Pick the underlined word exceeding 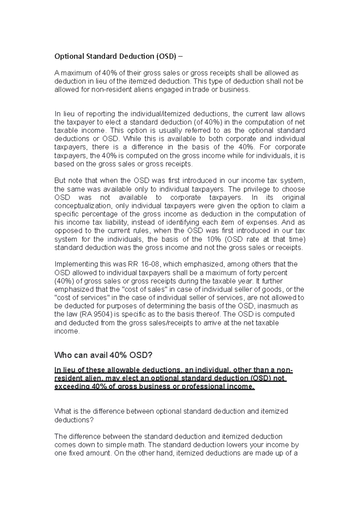pyautogui.click(x=72, y=387)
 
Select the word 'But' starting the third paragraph pyautogui.click(x=60, y=181)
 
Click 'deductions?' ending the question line pyautogui.click(x=74, y=420)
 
